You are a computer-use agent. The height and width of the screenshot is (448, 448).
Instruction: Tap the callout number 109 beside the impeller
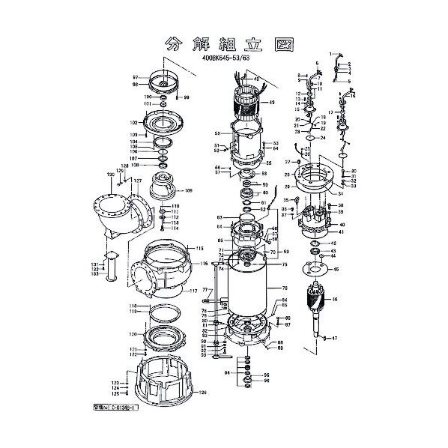[x=189, y=190]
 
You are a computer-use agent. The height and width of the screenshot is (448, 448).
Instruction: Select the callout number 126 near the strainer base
[x=202, y=392]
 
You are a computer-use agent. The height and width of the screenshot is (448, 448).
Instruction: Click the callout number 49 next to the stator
[x=272, y=102]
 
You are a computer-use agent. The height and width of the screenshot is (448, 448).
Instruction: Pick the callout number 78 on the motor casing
[x=285, y=288]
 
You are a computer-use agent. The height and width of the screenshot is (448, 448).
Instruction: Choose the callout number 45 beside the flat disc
[x=336, y=270]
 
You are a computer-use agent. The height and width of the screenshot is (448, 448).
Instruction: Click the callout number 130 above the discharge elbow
[x=110, y=174]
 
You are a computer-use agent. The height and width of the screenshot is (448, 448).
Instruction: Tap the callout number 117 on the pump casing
[x=193, y=291]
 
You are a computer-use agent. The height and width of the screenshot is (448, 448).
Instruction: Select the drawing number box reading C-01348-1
[x=104, y=411]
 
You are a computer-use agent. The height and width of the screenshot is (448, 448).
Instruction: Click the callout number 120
[x=132, y=334]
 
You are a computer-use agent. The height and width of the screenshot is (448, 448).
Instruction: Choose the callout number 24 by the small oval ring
[x=322, y=138]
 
